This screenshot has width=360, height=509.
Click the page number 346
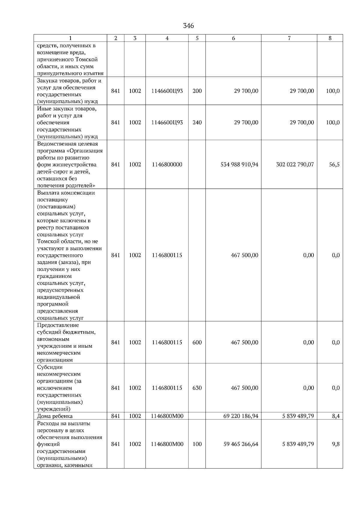188,26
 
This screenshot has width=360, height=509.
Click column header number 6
233,38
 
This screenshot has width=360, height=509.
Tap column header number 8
330,38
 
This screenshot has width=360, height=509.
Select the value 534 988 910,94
239,165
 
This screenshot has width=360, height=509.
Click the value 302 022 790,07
295,165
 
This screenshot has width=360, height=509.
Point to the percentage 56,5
334,165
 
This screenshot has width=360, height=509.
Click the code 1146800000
167,165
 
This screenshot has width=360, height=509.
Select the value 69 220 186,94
241,416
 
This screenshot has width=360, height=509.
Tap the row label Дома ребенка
55,416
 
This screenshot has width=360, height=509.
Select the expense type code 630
197,388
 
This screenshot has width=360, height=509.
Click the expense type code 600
197,342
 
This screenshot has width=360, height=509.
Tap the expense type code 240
197,123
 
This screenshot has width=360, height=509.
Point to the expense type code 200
197,91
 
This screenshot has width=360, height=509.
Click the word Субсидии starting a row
49,367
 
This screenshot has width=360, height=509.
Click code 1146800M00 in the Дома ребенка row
167,416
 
